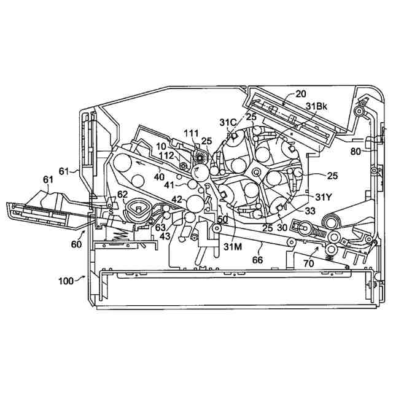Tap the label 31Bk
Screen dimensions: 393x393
click(317, 106)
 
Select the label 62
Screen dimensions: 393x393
click(122, 195)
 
